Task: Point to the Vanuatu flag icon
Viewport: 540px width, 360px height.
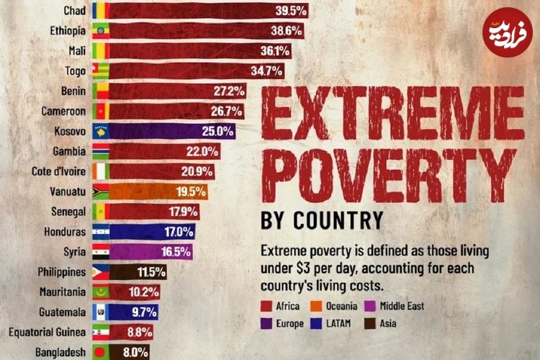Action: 99,192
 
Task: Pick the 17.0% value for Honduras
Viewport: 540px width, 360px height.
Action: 179,232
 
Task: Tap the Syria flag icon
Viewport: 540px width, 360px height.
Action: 99,252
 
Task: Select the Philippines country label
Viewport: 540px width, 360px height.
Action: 61,272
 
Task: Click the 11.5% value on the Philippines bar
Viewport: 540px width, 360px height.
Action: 152,272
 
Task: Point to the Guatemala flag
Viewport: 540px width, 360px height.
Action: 99,312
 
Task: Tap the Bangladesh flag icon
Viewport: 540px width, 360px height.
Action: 99,353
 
